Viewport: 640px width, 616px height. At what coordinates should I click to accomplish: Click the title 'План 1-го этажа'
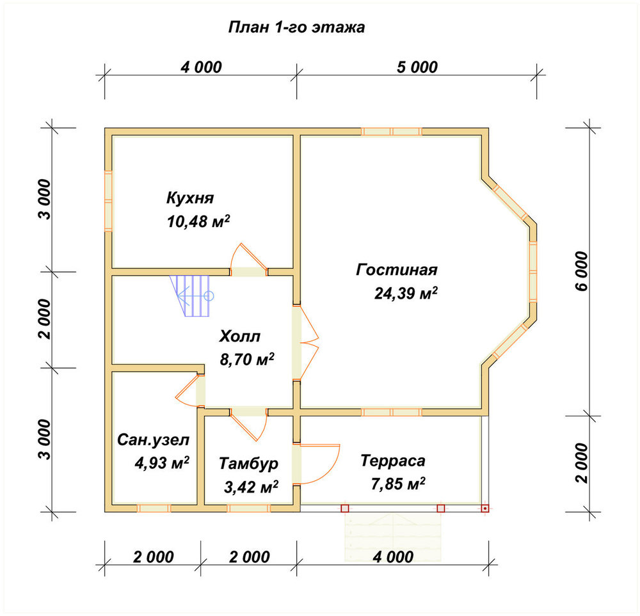tap(296, 28)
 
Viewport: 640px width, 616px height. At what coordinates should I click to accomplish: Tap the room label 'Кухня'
tap(190, 198)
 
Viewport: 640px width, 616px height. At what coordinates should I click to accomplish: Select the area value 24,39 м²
tap(406, 293)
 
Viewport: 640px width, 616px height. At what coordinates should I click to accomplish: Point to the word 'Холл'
tap(239, 336)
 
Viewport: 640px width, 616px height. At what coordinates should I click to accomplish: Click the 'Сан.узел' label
tap(154, 439)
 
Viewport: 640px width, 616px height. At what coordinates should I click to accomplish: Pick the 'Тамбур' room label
tap(248, 463)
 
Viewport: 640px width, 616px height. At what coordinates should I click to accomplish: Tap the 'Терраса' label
tap(393, 461)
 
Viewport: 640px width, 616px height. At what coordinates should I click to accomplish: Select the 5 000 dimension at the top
tap(417, 67)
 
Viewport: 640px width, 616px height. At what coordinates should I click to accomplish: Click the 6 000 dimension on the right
tap(582, 271)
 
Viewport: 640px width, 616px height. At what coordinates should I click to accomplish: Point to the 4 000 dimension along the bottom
tap(393, 557)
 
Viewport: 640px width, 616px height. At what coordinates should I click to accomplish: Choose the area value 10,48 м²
tap(198, 221)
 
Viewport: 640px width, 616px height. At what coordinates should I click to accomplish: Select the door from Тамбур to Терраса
tap(317, 464)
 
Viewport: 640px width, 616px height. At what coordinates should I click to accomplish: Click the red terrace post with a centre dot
tap(484, 509)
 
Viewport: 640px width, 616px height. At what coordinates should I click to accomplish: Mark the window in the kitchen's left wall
tap(108, 201)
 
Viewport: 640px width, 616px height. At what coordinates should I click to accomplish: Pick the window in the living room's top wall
tap(392, 131)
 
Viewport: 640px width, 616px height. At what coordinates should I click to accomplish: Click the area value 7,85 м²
tap(398, 484)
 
